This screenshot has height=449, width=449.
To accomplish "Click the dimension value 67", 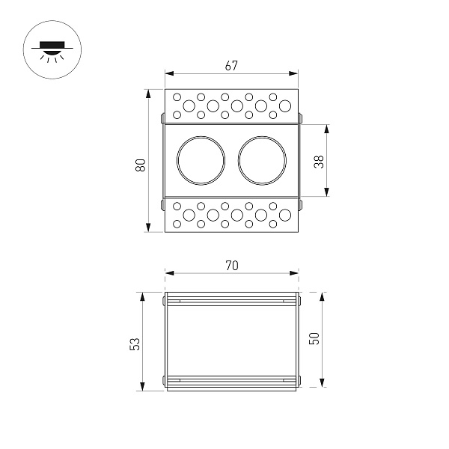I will [x=230, y=66].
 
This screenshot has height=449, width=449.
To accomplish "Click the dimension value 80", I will [x=140, y=165].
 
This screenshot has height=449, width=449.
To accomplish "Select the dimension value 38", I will [x=319, y=161].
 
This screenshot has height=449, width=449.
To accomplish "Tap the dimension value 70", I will [x=230, y=265].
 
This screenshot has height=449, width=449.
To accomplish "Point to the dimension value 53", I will [x=135, y=343].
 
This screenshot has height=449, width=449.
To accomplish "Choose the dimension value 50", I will [x=315, y=338].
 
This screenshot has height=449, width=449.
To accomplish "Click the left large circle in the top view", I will [x=201, y=160].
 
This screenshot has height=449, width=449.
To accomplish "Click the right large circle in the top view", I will [x=262, y=160].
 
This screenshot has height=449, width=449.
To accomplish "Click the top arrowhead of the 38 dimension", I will [x=327, y=128].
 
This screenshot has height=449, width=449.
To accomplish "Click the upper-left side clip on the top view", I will [x=162, y=118].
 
